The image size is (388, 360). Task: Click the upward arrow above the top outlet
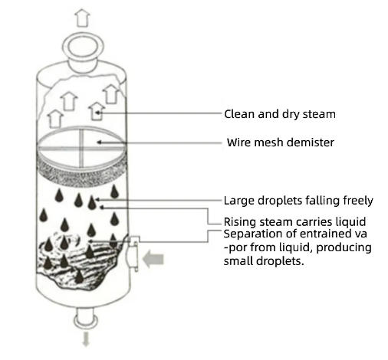pos(82,18)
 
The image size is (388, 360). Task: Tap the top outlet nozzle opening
pos(82,47)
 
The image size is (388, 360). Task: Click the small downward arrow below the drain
pos(86,339)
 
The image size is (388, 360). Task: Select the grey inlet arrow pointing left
pos(153,259)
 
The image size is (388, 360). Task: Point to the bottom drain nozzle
pos(86,319)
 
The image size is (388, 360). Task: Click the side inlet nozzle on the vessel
pos(133,254)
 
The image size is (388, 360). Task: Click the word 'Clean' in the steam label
pos(240,114)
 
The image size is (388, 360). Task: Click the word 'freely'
pos(358,201)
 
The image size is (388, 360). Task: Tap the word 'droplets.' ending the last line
pos(280,261)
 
